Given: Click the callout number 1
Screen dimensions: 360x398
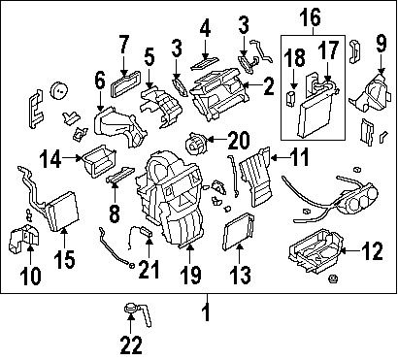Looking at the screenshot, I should point(205,312).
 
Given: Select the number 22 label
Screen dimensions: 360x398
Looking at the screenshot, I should point(129,344).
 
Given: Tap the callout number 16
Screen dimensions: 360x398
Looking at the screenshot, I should point(310,16).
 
